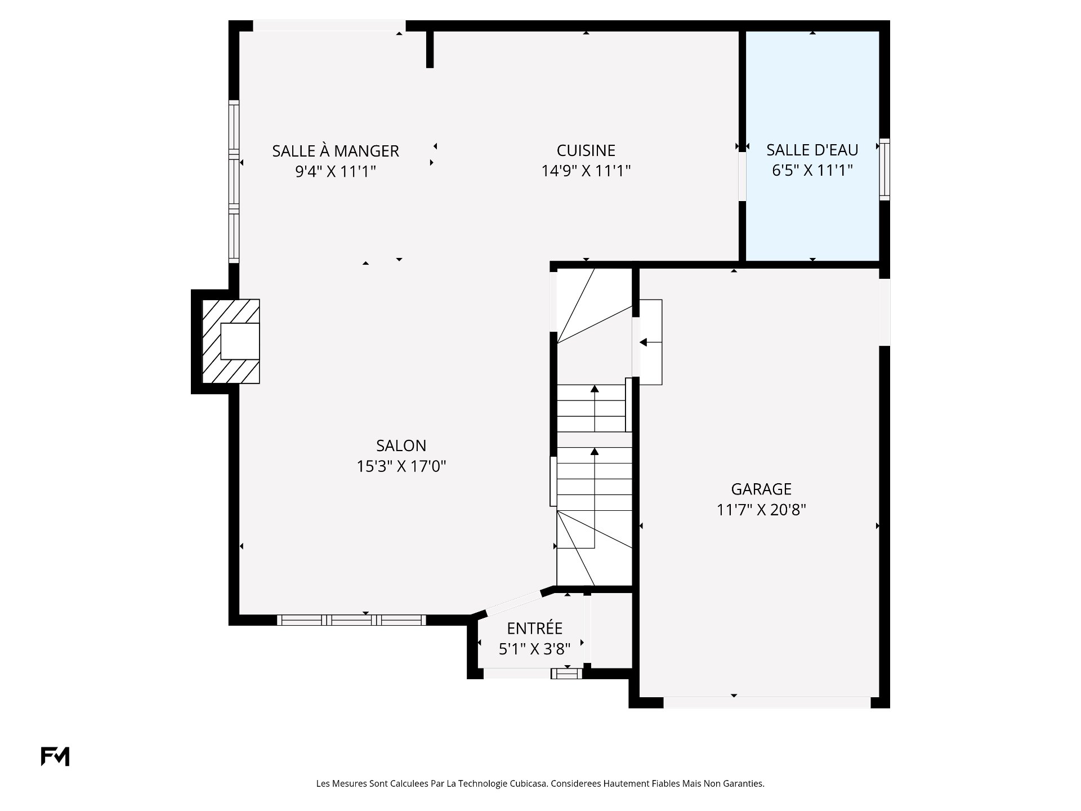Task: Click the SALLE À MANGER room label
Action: (x=336, y=151)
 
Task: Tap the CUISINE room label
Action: (x=586, y=150)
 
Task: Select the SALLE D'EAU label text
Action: (x=812, y=150)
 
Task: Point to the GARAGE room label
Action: (x=761, y=489)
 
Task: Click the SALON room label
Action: (x=401, y=445)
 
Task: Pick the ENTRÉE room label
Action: (x=535, y=628)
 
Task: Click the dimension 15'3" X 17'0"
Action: (x=401, y=466)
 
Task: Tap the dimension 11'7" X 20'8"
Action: (x=761, y=510)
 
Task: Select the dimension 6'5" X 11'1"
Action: (x=812, y=170)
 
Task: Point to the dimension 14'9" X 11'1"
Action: (x=586, y=170)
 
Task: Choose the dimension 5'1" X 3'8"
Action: (x=535, y=649)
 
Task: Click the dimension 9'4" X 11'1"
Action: (x=336, y=171)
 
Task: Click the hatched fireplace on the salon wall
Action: (x=231, y=341)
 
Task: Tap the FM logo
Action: (x=55, y=756)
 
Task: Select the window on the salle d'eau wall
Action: (x=885, y=169)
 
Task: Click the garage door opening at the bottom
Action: (x=767, y=702)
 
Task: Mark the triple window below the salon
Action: (x=351, y=620)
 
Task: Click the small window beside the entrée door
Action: (x=566, y=673)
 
